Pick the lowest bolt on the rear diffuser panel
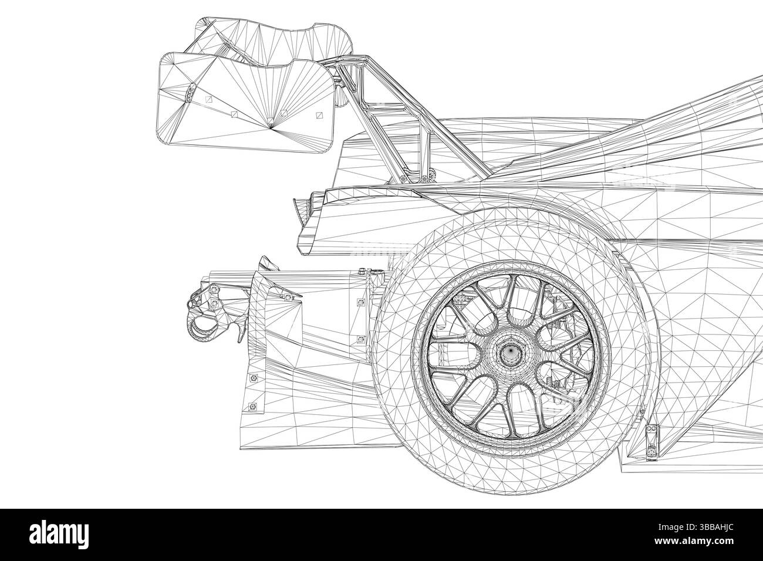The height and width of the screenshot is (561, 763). pyautogui.click(x=253, y=405)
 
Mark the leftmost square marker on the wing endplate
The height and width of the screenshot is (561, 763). pyautogui.click(x=209, y=97)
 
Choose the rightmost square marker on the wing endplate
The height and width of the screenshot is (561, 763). pyautogui.click(x=320, y=116)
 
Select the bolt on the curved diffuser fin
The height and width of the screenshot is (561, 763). pyautogui.click(x=287, y=298)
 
